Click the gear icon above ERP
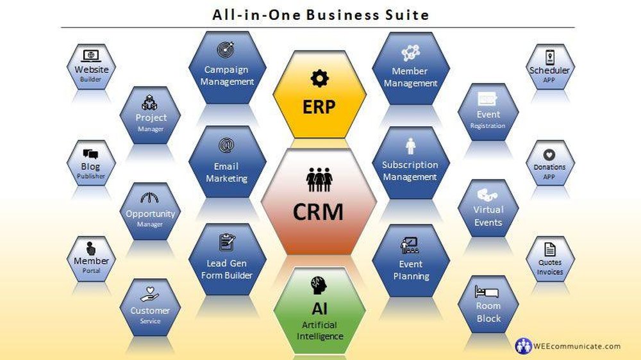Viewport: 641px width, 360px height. pyautogui.click(x=319, y=79)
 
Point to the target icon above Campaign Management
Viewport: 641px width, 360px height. pyautogui.click(x=226, y=49)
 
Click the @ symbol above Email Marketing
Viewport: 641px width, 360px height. pyautogui.click(x=226, y=146)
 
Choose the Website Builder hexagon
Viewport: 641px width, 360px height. pyautogui.click(x=91, y=68)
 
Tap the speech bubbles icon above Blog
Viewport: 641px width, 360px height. pyautogui.click(x=91, y=154)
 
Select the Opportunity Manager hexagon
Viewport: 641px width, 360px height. pyautogui.click(x=150, y=211)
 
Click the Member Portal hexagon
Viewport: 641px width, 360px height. pyautogui.click(x=91, y=259)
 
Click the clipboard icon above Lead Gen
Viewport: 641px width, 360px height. pyautogui.click(x=226, y=243)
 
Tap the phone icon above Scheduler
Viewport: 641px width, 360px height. pyautogui.click(x=549, y=57)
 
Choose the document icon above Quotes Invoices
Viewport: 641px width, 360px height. pyautogui.click(x=549, y=249)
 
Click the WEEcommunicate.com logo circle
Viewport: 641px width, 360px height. pyautogui.click(x=524, y=346)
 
